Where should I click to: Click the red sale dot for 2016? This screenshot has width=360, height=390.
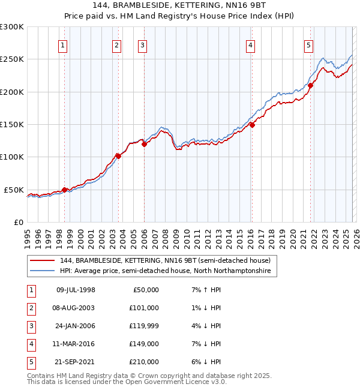pos(252,125)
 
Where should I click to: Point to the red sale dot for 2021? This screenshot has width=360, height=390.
pos(310,85)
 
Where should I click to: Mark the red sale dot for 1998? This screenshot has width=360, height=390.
pos(64,190)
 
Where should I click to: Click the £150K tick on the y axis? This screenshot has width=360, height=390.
pos(12,124)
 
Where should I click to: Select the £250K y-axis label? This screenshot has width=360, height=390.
pos(12,59)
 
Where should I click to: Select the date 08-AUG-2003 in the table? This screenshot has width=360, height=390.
pos(75,308)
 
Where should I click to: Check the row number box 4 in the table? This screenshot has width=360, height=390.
pos(31,344)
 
